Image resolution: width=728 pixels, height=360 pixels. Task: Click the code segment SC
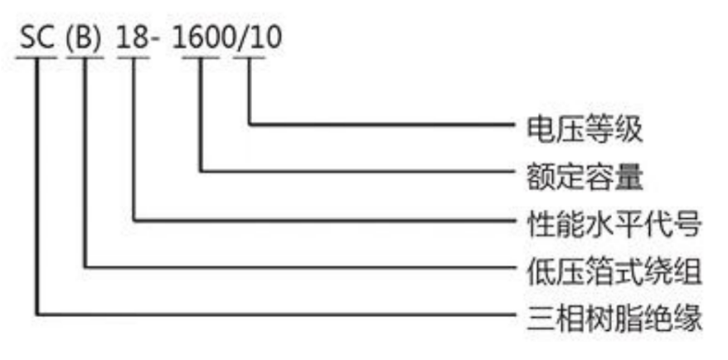[x=37, y=38]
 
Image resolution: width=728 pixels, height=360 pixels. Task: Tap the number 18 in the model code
[x=133, y=38]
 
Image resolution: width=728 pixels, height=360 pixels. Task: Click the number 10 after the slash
[x=266, y=38]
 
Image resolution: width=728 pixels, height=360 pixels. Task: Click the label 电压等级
[x=584, y=129]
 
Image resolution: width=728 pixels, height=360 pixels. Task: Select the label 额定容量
[x=584, y=176]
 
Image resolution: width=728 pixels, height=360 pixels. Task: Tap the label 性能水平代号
[x=614, y=223]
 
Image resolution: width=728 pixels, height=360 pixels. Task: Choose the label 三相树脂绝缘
[x=614, y=319]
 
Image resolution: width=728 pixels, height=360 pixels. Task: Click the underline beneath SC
[x=36, y=58]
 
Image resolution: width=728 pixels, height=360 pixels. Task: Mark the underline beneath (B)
[x=85, y=58]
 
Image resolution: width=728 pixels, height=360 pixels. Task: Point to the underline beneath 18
[x=133, y=58]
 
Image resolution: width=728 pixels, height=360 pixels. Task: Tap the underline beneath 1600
[x=201, y=58]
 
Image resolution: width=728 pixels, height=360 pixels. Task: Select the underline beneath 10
[x=250, y=58]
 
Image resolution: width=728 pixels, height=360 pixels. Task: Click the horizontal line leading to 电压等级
[x=382, y=124]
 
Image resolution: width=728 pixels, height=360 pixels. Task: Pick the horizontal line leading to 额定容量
[x=358, y=172]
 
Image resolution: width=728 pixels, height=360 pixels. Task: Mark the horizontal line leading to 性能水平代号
[x=324, y=220]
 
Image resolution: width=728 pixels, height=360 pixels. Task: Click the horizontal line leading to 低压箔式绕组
[x=300, y=267]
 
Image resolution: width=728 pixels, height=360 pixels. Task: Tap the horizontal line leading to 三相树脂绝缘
[x=276, y=314]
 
